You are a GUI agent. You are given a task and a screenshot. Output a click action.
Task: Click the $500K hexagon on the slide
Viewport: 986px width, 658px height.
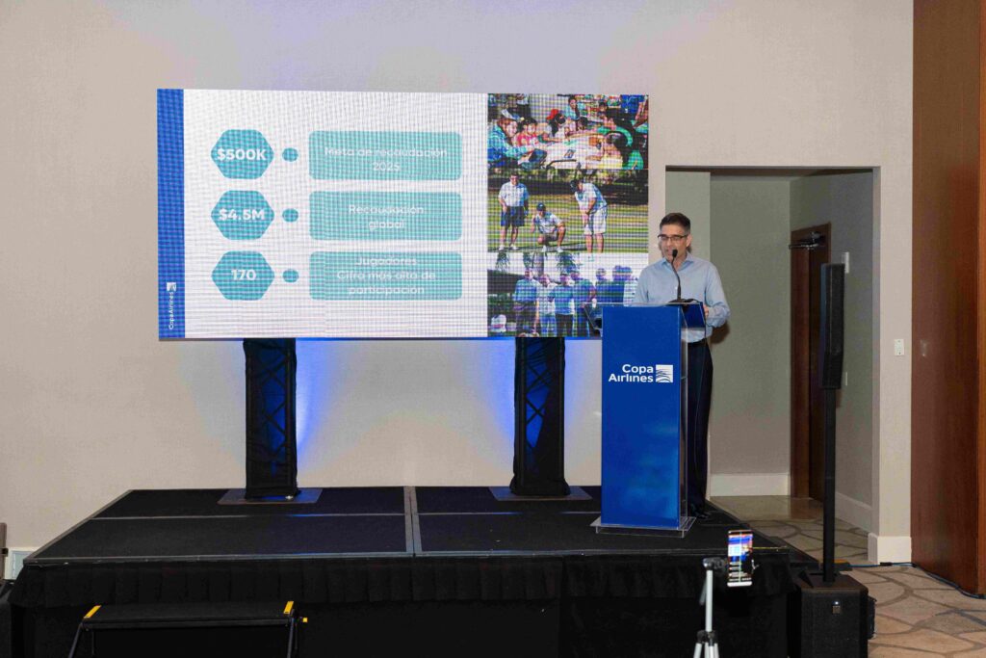point(242,154)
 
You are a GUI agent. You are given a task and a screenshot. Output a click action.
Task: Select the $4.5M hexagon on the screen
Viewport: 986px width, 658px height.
point(242,215)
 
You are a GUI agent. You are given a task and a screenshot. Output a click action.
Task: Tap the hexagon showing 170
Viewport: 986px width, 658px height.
point(243,276)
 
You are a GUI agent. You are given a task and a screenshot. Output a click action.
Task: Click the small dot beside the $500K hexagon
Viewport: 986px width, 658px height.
point(290,154)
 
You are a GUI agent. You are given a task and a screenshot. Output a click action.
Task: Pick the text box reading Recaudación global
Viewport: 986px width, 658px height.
point(385,215)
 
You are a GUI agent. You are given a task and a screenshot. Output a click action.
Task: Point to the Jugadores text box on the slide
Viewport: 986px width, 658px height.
point(385,276)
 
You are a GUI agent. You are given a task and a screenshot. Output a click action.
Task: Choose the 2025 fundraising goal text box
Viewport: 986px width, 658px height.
point(385,155)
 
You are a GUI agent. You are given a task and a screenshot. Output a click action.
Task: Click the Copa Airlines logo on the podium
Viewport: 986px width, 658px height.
point(640,374)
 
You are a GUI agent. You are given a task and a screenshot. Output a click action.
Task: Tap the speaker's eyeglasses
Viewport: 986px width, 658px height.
point(672,237)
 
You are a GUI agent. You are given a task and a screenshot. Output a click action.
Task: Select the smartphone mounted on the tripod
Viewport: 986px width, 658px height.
point(739,557)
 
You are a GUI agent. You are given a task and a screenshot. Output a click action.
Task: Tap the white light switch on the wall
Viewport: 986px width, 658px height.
point(898,347)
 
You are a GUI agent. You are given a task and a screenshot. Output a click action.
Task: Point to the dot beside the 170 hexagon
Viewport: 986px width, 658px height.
point(290,276)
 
